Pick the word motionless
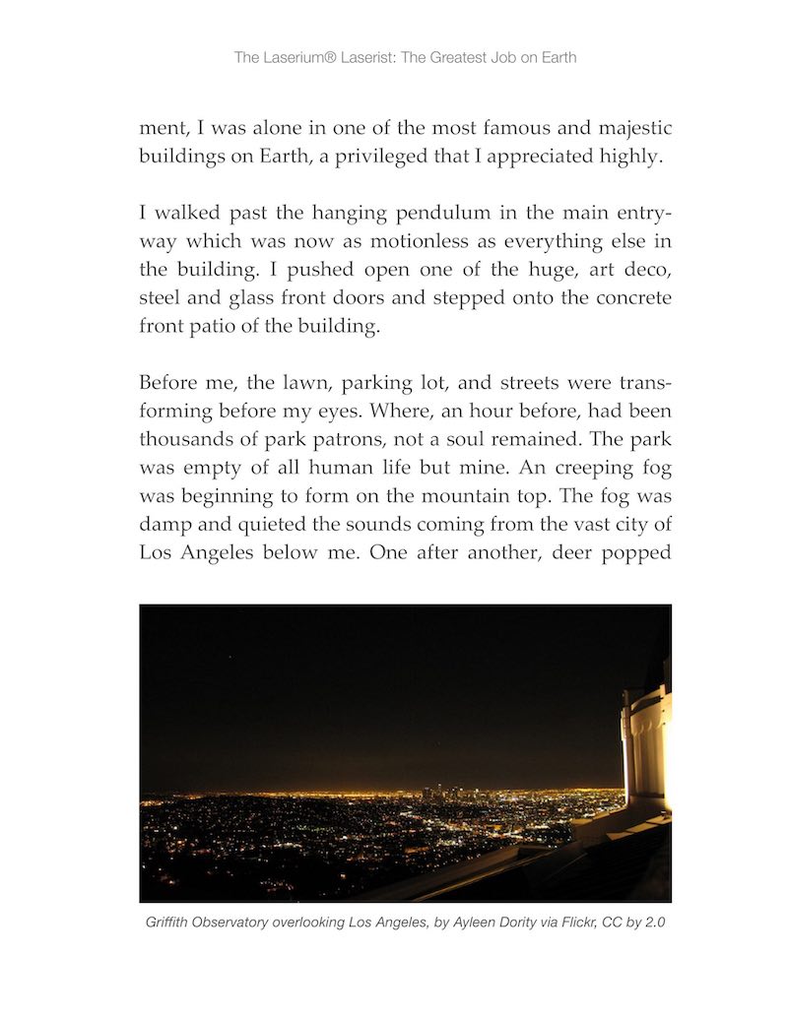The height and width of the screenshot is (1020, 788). pyautogui.click(x=418, y=241)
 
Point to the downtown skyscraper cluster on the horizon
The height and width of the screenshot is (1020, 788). pyautogui.click(x=439, y=790)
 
